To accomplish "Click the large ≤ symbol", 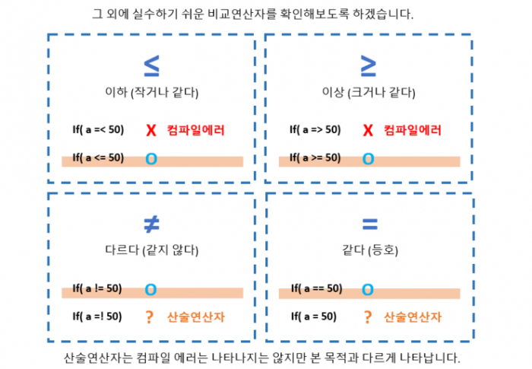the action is (151, 65).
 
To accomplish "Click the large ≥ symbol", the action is (369, 65).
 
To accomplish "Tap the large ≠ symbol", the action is (151, 224).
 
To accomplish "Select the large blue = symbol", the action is (370, 224).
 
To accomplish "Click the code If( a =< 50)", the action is (98, 129).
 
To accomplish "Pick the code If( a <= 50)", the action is (98, 157).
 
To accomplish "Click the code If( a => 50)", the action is (315, 129).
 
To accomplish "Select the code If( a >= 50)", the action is (315, 157).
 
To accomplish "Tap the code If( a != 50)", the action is (97, 288).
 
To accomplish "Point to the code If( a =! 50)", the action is (97, 317).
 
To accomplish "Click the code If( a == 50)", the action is (317, 288).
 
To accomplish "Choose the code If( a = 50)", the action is (314, 317).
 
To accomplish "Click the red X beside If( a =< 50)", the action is (151, 130).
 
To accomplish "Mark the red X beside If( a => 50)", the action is (368, 130).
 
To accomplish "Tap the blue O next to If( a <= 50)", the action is (151, 159).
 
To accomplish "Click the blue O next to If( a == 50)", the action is (367, 289).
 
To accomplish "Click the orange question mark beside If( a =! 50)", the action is (149, 317).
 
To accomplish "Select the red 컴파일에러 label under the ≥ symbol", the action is (413, 130).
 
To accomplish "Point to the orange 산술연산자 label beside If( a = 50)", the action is (413, 317).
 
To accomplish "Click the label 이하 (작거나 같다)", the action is (152, 92).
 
